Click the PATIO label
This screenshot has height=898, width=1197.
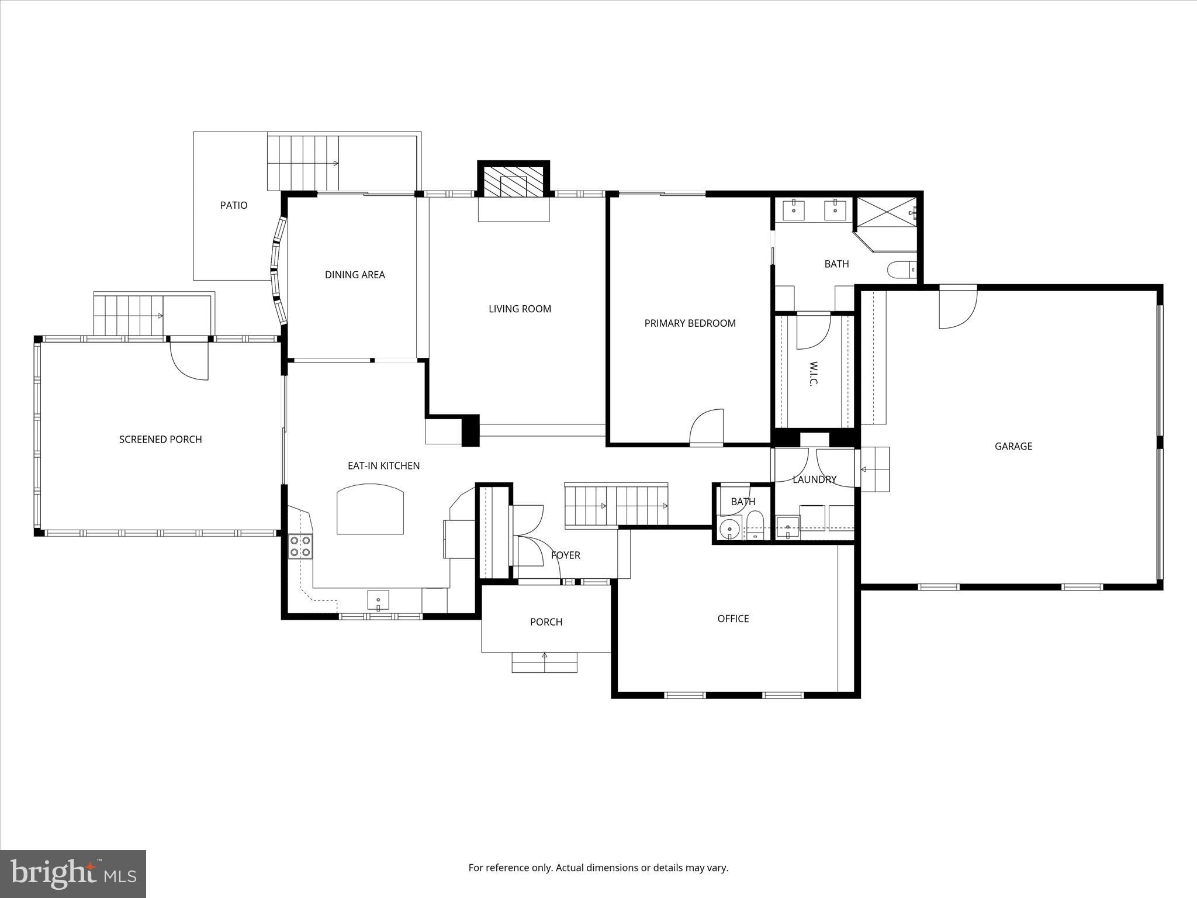(234, 205)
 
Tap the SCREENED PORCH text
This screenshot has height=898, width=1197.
(160, 439)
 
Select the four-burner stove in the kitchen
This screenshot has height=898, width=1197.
(300, 547)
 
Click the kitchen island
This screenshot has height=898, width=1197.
(370, 509)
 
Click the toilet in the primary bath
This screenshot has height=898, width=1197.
(901, 270)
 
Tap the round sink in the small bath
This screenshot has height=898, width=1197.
(729, 530)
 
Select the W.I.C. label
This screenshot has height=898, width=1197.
(814, 374)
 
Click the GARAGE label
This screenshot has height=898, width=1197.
(1013, 446)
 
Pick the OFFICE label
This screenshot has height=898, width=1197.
(733, 619)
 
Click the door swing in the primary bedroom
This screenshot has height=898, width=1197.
(706, 427)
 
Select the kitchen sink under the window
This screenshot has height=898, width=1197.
(378, 600)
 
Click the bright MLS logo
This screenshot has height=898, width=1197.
(73, 873)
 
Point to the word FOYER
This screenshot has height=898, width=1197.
(565, 555)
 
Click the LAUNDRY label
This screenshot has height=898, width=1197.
(814, 479)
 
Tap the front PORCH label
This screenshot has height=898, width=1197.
(546, 622)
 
